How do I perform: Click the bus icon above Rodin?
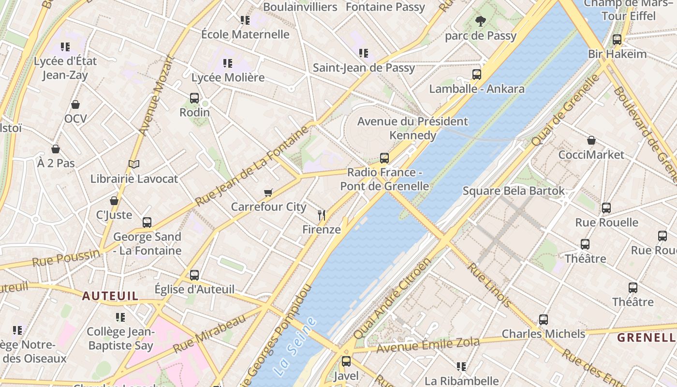point(194,98)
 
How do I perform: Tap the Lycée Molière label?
point(228,77)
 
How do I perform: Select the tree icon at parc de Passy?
point(480,21)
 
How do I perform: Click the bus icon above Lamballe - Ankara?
point(477,74)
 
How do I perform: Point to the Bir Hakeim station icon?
point(617,40)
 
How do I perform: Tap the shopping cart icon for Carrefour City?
point(268,193)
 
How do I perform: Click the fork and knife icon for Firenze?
point(322,215)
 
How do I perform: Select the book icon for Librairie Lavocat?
point(134,164)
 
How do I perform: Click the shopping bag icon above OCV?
point(75,104)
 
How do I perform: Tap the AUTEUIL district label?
point(110,296)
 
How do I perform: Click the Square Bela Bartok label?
point(513,191)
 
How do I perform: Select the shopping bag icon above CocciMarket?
point(591,141)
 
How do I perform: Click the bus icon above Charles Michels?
point(544,320)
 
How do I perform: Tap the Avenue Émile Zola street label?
point(428,345)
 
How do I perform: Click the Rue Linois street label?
point(489,285)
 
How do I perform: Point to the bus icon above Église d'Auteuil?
point(194,275)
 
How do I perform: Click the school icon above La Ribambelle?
point(461,367)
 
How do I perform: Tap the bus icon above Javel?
point(346,361)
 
